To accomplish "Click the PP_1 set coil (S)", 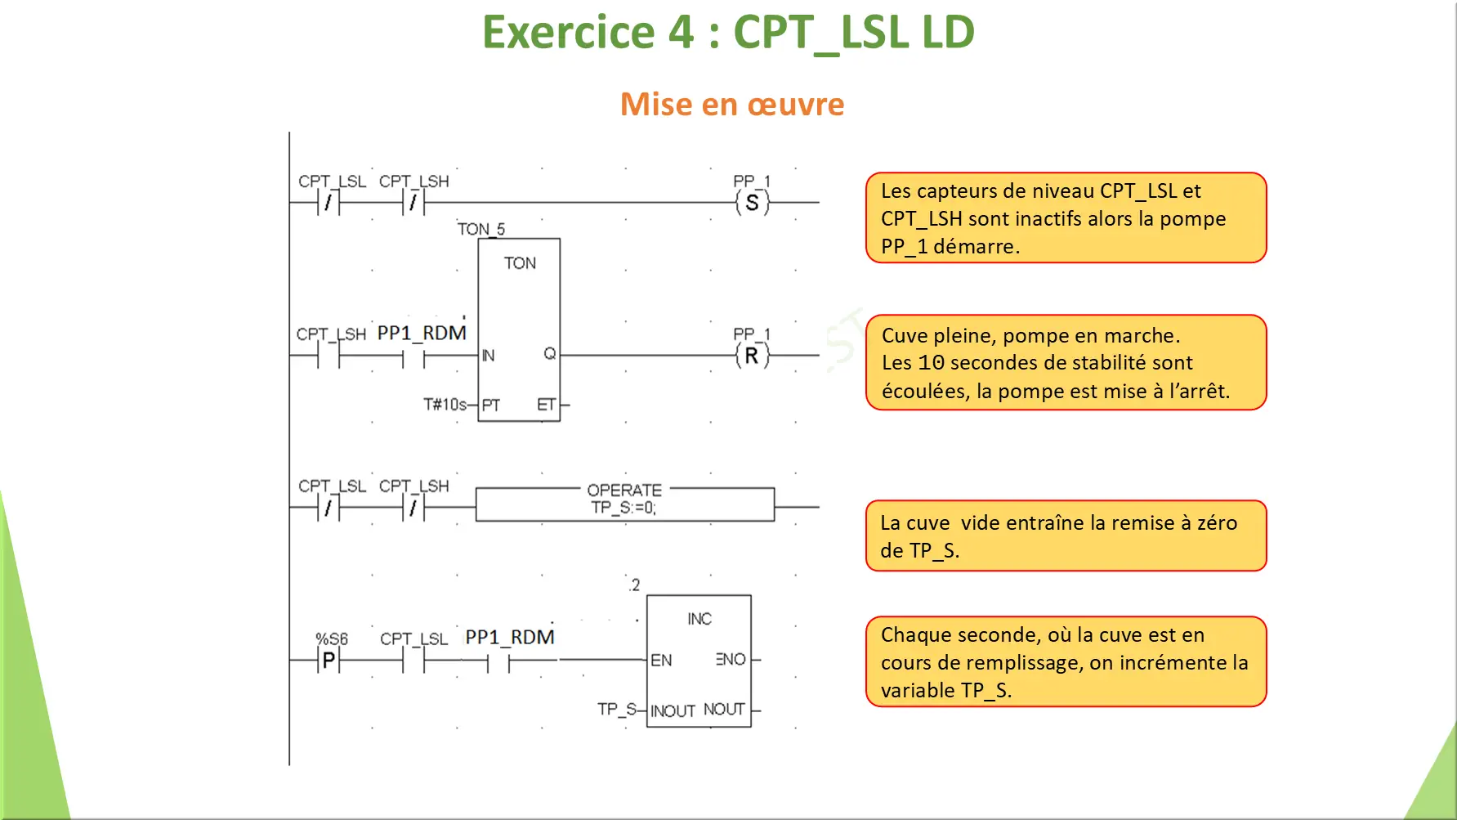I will [752, 203].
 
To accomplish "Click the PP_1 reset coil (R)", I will [752, 356].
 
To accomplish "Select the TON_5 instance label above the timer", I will [480, 229].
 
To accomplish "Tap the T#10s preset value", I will [445, 404].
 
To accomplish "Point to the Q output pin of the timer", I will [550, 353].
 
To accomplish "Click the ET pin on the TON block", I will [546, 405].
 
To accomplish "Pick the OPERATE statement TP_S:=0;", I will [623, 508].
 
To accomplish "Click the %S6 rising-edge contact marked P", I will [328, 660].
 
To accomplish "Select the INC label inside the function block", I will [699, 619].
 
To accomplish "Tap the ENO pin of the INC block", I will [731, 659].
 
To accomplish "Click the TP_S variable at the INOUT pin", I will [616, 709].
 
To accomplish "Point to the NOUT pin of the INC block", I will [724, 709].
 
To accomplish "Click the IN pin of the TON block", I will [488, 356].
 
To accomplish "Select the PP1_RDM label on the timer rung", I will [422, 333].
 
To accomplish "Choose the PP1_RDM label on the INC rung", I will [510, 637].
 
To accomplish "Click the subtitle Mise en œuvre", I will [732, 105].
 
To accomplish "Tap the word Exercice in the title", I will [569, 33].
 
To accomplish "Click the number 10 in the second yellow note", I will [931, 363].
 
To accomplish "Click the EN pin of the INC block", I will [661, 660].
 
